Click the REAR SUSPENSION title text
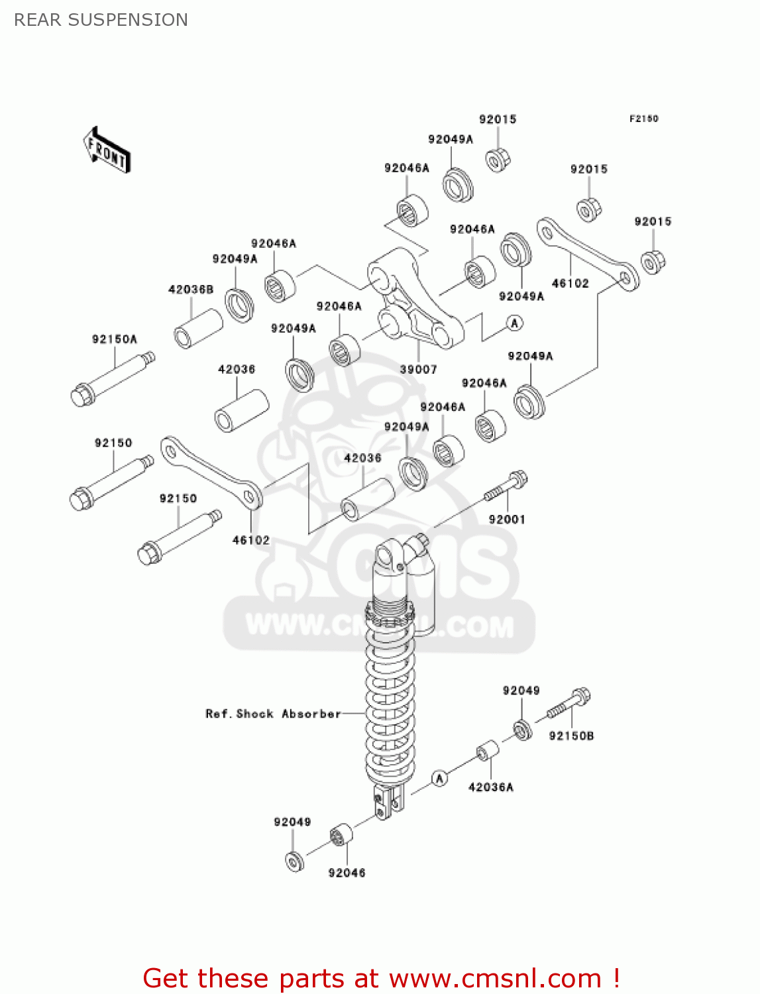101,20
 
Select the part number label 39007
418,369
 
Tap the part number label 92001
507,520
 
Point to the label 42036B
191,290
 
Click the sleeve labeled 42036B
198,327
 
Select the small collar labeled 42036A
488,751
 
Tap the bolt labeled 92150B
569,704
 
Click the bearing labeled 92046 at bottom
341,835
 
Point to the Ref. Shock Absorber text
273,714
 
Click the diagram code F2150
643,119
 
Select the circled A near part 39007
515,323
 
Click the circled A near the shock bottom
439,778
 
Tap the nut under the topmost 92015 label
498,160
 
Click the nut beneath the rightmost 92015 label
653,262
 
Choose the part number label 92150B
571,736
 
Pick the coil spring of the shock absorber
390,709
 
